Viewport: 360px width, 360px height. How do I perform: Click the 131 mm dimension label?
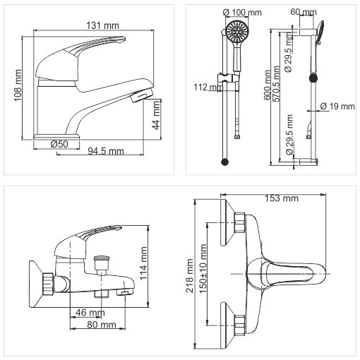coord(102,25)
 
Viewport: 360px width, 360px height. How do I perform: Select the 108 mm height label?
coord(18,85)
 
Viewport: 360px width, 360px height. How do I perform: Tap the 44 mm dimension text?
coord(156,115)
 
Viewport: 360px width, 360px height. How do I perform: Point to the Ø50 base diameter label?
coord(59,144)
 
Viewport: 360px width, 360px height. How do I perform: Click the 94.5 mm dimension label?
coord(106,151)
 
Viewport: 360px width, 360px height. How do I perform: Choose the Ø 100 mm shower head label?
coord(242,12)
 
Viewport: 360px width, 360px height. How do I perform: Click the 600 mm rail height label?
coord(268,85)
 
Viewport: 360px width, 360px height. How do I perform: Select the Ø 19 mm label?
coord(337,106)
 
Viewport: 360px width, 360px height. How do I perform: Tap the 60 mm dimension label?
coord(304,12)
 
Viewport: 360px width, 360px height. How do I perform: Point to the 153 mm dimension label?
coord(282,198)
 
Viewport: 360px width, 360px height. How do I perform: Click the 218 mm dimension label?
coord(190,276)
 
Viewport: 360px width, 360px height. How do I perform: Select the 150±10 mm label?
coord(203,268)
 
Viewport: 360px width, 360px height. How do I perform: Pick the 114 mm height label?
coord(143,263)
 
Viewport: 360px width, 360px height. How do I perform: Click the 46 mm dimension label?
coord(90,313)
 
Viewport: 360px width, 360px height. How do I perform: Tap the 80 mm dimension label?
coord(102,325)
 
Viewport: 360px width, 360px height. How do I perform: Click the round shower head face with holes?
coord(238,31)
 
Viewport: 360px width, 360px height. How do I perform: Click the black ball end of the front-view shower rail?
coord(225,162)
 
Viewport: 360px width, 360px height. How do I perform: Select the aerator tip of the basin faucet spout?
coord(142,95)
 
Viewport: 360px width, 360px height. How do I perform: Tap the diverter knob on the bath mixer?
coord(102,259)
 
